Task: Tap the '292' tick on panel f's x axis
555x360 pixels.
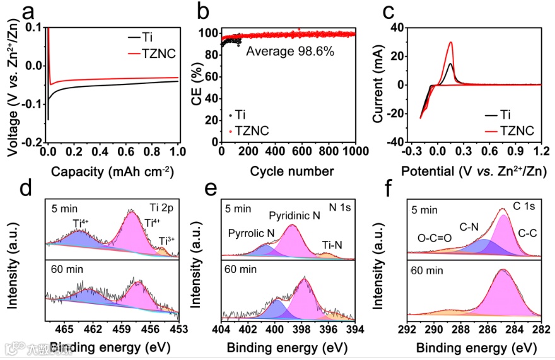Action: coord(408,329)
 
